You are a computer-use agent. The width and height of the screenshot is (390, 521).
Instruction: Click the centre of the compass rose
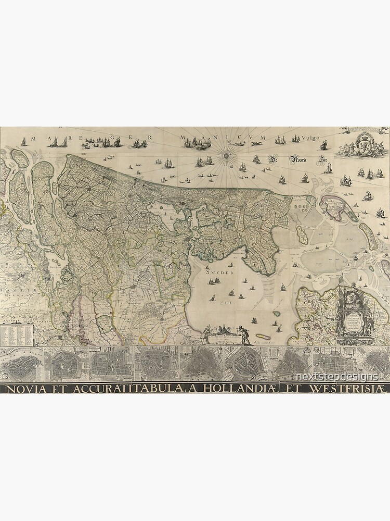tap(227, 153)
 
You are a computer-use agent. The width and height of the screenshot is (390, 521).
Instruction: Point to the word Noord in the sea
tap(301, 160)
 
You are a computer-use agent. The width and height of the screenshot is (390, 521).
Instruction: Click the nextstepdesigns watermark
tap(337, 376)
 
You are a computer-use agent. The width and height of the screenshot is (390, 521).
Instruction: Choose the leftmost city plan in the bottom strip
tap(21, 365)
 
